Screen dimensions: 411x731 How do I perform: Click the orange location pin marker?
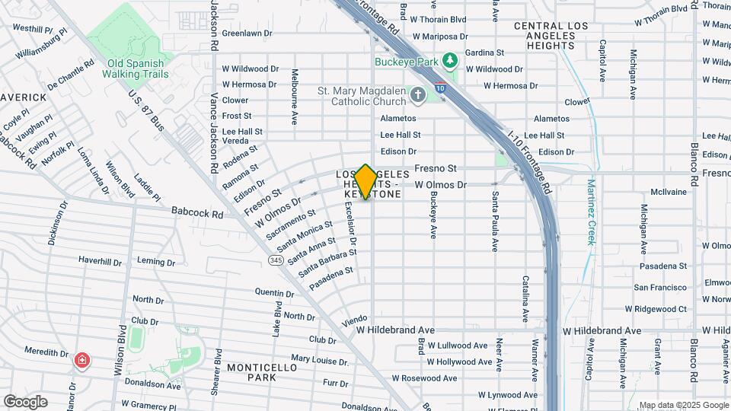[365, 182]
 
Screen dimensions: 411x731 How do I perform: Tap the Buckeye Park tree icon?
[450, 59]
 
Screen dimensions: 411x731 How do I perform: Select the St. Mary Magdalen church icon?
[417, 96]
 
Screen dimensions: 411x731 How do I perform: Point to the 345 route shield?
[275, 260]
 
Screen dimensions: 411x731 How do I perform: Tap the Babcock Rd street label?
[196, 214]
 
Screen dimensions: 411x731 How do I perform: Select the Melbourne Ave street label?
[294, 97]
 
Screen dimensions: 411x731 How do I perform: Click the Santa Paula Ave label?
[495, 221]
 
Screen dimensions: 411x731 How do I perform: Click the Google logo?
[26, 401]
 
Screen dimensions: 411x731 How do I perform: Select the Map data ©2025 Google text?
[683, 405]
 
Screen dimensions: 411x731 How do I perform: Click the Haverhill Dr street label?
[100, 261]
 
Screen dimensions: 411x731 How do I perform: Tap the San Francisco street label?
[660, 288]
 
